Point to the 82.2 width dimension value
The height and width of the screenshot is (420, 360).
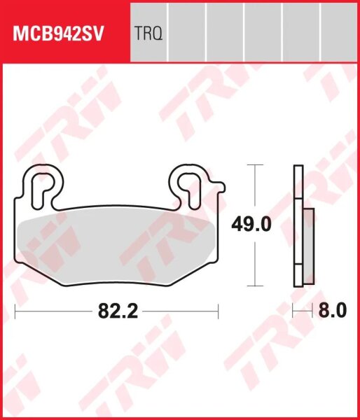tap(116, 309)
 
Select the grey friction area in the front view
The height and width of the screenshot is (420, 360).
tap(116, 241)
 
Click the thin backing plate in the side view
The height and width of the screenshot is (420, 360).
tap(298, 224)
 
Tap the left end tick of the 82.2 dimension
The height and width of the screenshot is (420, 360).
tap(15, 309)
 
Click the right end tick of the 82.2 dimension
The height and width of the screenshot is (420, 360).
tap(219, 309)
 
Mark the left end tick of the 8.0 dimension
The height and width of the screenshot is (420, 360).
tap(293, 309)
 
